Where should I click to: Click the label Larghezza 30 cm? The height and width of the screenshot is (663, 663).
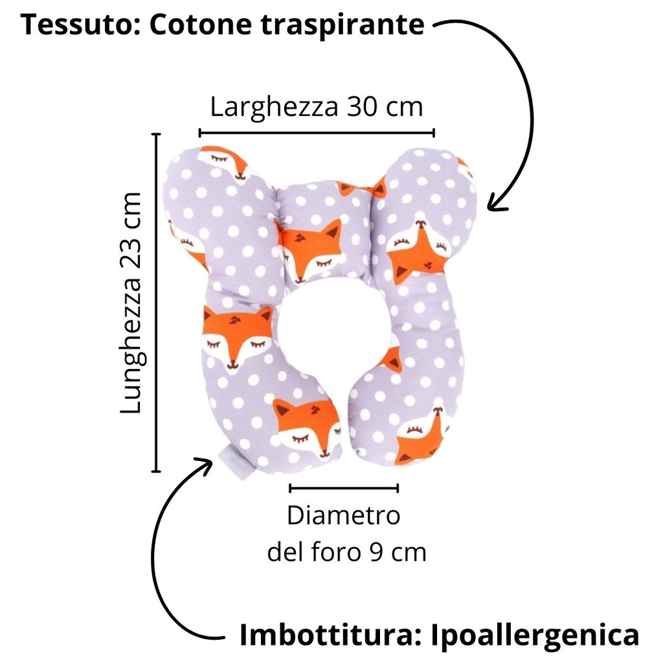317,106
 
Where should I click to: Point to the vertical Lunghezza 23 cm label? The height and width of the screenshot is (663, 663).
132,303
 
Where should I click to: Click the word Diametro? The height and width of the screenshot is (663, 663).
344,517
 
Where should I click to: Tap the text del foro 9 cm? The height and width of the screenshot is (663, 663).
347,552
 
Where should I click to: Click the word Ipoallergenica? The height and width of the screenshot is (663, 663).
535,635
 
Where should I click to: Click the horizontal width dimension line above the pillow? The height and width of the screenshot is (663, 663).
317,133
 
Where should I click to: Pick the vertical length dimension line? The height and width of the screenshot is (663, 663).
156,303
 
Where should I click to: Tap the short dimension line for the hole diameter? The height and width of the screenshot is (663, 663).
344,488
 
